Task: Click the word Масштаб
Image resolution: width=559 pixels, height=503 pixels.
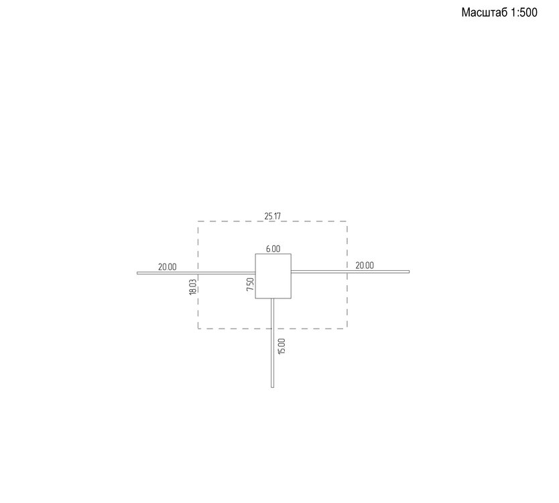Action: click(x=484, y=13)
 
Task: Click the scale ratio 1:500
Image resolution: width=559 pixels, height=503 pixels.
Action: click(x=523, y=13)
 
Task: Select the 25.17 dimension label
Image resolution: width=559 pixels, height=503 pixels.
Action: click(x=272, y=216)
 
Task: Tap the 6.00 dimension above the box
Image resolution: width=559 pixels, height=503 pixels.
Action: click(x=273, y=249)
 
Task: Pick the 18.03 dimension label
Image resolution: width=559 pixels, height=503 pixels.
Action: click(x=192, y=287)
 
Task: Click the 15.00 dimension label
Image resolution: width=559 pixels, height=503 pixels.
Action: click(x=282, y=346)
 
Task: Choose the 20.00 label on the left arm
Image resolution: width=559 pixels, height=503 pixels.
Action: click(x=167, y=267)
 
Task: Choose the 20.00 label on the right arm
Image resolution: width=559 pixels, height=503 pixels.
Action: click(x=365, y=266)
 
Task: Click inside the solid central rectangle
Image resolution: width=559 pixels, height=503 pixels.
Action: click(x=273, y=276)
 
